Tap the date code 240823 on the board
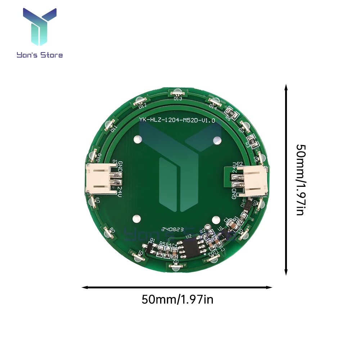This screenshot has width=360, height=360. coord(173,229)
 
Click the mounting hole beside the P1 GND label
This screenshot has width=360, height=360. coord(137,139)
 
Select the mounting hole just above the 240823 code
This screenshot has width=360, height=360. coord(137,219)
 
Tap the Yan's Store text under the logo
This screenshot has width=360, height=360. coord(40,55)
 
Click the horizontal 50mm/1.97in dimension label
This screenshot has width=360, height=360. coord(177,299)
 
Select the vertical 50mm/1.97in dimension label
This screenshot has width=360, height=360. coord(300,180)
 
